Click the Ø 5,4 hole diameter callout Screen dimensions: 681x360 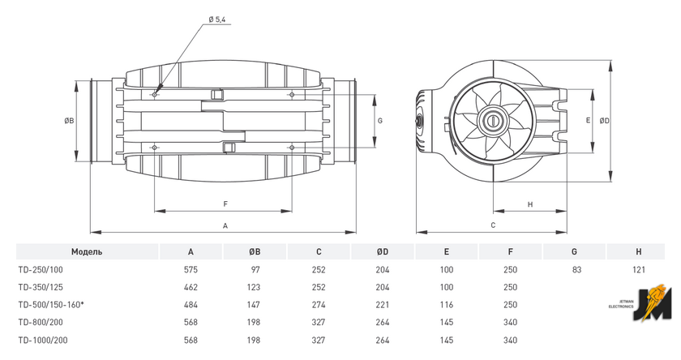click(217, 19)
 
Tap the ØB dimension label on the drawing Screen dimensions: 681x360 click(69, 121)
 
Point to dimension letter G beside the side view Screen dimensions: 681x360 click(380, 121)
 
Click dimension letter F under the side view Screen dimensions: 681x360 click(225, 204)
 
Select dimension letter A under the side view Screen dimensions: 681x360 click(225, 225)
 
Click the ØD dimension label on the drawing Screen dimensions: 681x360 click(605, 121)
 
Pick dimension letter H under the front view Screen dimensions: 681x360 click(530, 204)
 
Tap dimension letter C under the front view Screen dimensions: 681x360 click(493, 225)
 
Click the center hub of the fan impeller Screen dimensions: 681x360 click(493, 120)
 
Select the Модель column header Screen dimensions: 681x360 click(87, 252)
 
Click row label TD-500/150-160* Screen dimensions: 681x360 click(51, 305)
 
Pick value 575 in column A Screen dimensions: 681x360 click(191, 270)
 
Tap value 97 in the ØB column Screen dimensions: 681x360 click(255, 270)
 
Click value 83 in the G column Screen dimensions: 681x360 click(576, 270)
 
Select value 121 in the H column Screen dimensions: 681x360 click(639, 270)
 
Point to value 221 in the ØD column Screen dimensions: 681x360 click(383, 305)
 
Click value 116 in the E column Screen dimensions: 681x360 click(447, 305)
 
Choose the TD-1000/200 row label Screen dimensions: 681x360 click(43, 340)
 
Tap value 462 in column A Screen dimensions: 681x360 click(191, 287)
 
